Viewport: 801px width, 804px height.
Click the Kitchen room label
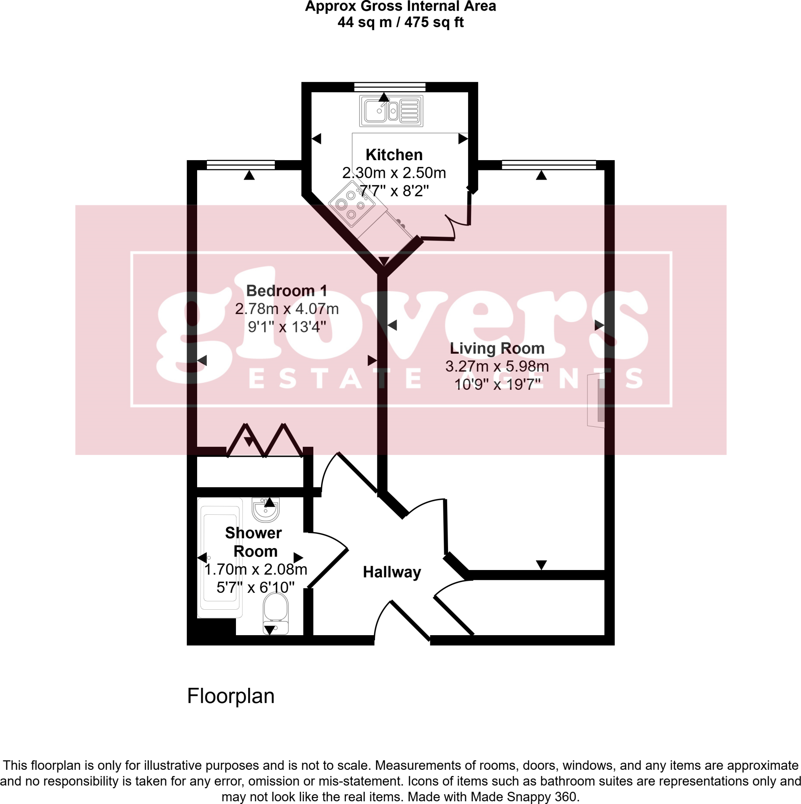[394, 155]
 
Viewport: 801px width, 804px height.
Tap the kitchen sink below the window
[391, 111]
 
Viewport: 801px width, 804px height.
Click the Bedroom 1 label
[286, 291]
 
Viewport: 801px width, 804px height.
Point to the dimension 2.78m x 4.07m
[286, 309]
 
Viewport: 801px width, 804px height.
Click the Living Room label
[497, 348]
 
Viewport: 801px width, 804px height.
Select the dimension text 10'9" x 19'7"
[497, 384]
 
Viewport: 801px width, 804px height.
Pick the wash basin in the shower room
[265, 510]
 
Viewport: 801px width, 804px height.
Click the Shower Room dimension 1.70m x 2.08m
[256, 569]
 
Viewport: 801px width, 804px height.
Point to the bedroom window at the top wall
[241, 165]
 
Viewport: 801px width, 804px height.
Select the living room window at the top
[549, 165]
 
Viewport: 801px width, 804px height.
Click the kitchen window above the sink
[390, 87]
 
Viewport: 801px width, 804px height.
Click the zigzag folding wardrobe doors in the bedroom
[265, 441]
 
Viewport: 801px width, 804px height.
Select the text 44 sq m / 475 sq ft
[400, 22]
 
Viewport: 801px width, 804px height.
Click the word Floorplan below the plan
[230, 696]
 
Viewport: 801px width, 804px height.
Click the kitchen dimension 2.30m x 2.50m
[394, 173]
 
